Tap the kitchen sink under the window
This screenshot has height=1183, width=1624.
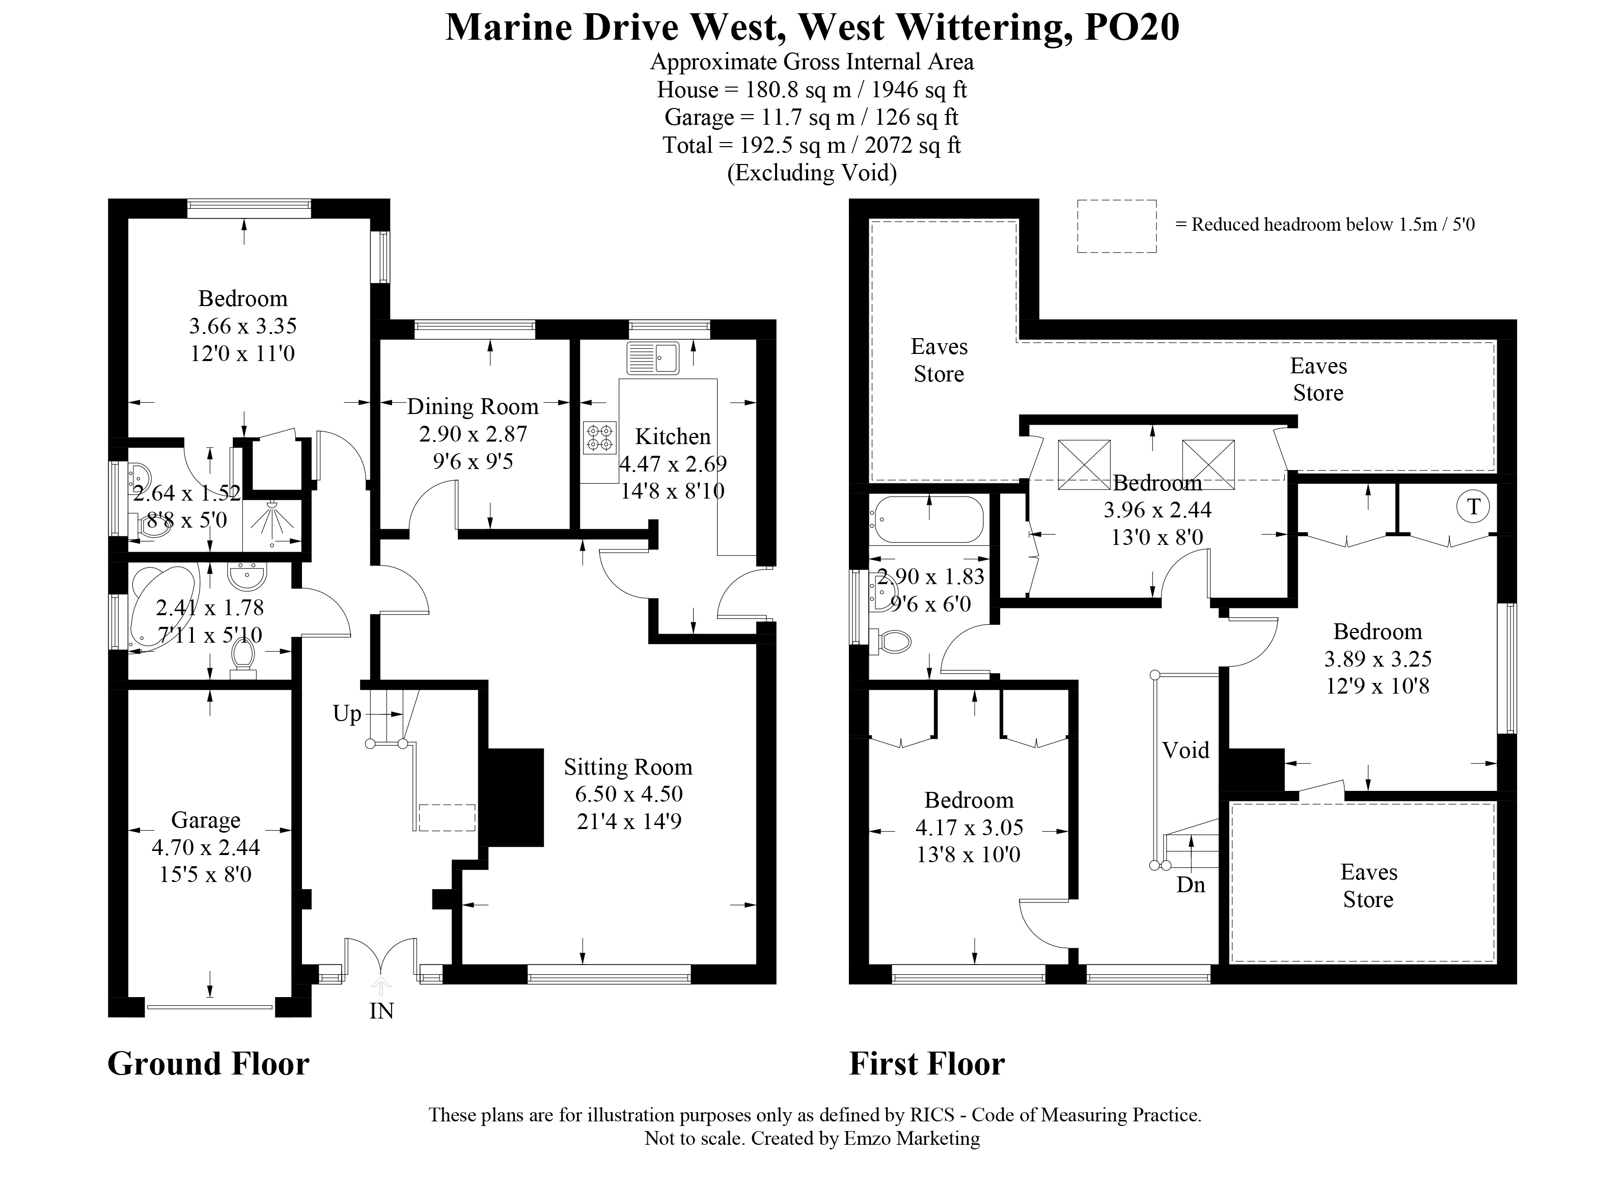pyautogui.click(x=652, y=358)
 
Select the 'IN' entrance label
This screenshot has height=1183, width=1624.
pyautogui.click(x=381, y=1011)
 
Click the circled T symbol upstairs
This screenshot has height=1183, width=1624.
pyautogui.click(x=1473, y=507)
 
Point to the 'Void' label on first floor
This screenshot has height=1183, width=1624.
pyautogui.click(x=1185, y=751)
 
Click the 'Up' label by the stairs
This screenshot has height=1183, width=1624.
pyautogui.click(x=347, y=714)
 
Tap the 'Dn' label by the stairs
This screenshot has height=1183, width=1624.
pyautogui.click(x=1191, y=885)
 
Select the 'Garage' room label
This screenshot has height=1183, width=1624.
pyautogui.click(x=206, y=820)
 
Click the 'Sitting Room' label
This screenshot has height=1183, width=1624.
pyautogui.click(x=628, y=767)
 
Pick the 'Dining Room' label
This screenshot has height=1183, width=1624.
pyautogui.click(x=473, y=407)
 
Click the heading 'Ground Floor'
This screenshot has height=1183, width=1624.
pyautogui.click(x=208, y=1064)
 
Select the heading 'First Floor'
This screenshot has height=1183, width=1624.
pyautogui.click(x=926, y=1064)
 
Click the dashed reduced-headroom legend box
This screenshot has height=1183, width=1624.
pyautogui.click(x=1116, y=226)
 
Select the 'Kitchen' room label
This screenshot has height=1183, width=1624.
pyautogui.click(x=672, y=437)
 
